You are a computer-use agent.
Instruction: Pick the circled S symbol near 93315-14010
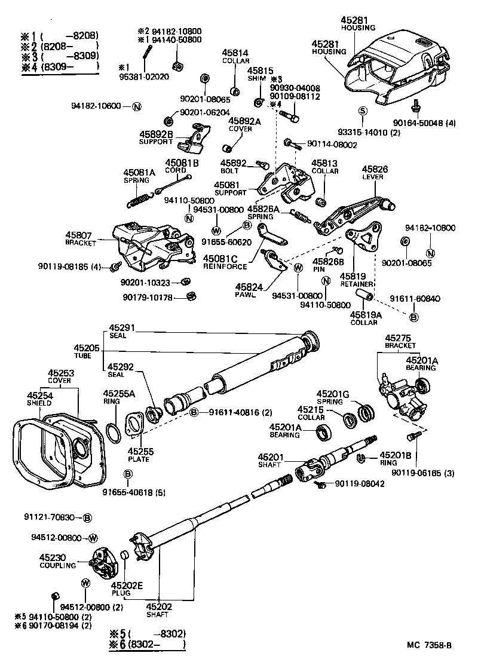(x=362, y=111)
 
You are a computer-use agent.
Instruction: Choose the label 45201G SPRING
(x=332, y=397)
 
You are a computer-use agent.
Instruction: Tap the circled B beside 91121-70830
(x=87, y=517)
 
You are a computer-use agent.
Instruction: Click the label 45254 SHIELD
(x=39, y=399)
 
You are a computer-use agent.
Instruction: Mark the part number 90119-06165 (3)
(x=424, y=473)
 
